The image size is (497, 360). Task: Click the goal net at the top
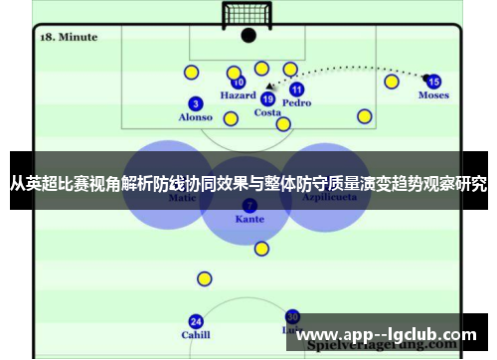point(247,14)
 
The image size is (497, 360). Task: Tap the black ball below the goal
point(248,35)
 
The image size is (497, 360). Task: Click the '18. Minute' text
point(69,37)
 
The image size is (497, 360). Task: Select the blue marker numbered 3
point(196,103)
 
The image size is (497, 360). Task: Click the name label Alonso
point(195,117)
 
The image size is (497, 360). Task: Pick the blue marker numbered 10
point(238,83)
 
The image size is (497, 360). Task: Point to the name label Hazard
point(238,96)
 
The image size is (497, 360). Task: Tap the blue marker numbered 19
point(267,98)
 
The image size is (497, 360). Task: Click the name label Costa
point(267,112)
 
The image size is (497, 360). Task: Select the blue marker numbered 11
point(296,89)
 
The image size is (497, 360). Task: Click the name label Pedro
point(296,102)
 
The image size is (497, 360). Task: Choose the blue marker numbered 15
point(433,82)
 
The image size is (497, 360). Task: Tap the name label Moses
point(433,95)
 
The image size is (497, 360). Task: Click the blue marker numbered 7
point(248,205)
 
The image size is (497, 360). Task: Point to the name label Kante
point(248,219)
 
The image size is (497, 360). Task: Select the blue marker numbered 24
point(196,321)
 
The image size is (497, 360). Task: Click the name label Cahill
point(196,335)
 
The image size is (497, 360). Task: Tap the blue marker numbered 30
point(292,315)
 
